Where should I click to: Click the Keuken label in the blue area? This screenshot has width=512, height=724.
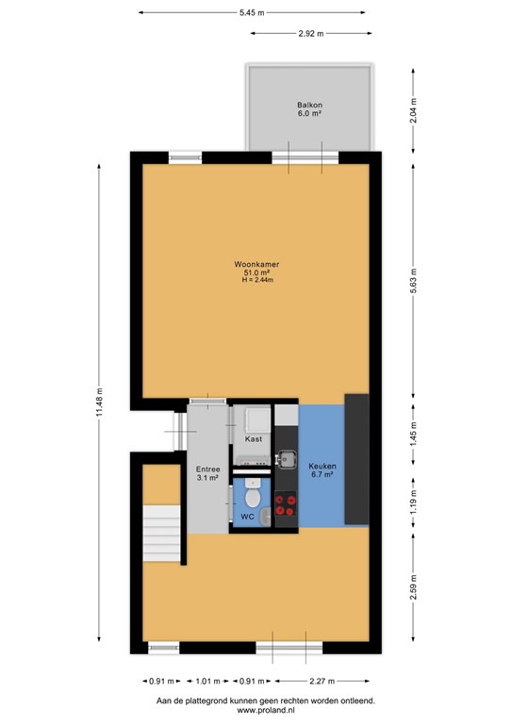(322, 467)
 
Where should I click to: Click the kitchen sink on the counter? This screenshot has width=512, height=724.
(285, 459)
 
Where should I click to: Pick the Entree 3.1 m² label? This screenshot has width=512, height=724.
(207, 473)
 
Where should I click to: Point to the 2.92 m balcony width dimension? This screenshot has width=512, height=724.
(310, 33)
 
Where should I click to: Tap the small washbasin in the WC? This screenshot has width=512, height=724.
(267, 515)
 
